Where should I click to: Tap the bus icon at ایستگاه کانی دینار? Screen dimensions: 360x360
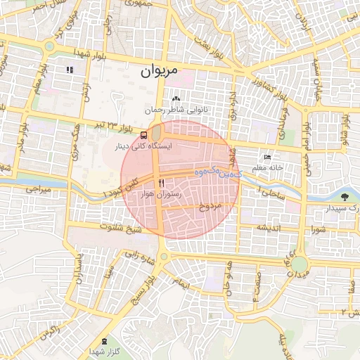(x=143, y=135)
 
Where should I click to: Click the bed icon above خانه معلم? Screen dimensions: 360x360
(x=267, y=157)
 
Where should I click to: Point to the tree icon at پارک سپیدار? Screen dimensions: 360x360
(x=345, y=197)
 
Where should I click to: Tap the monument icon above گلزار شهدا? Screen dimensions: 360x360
(x=105, y=341)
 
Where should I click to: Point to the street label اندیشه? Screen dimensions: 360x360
(x=269, y=228)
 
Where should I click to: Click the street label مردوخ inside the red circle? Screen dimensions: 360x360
(x=210, y=207)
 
